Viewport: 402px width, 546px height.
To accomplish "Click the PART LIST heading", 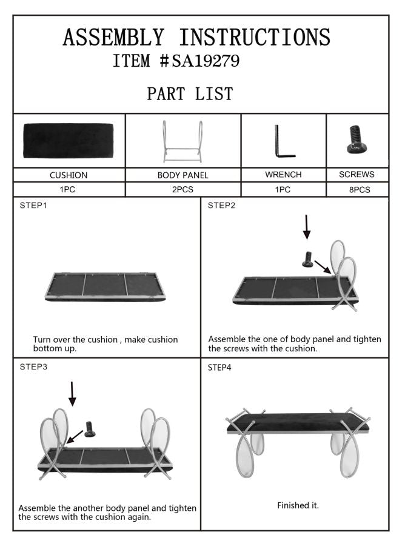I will click(x=190, y=94).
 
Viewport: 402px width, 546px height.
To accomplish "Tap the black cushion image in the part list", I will click(x=68, y=141).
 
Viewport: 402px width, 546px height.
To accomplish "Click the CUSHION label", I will click(x=69, y=175).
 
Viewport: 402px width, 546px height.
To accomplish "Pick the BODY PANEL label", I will click(x=183, y=175).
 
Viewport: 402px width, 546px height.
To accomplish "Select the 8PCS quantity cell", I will click(x=357, y=190).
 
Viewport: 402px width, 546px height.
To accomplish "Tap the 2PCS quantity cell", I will click(x=183, y=190).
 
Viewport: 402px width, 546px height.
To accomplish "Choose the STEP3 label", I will click(x=33, y=367).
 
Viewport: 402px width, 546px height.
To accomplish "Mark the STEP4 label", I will click(x=221, y=368).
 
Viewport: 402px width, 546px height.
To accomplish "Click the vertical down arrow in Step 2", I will click(x=307, y=226).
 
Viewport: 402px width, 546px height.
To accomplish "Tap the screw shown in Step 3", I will click(x=91, y=430).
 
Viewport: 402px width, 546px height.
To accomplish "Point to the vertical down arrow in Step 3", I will click(x=72, y=393).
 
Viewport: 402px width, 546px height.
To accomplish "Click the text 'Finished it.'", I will click(x=298, y=505).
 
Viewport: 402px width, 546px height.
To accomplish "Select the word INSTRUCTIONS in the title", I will click(x=254, y=38).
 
